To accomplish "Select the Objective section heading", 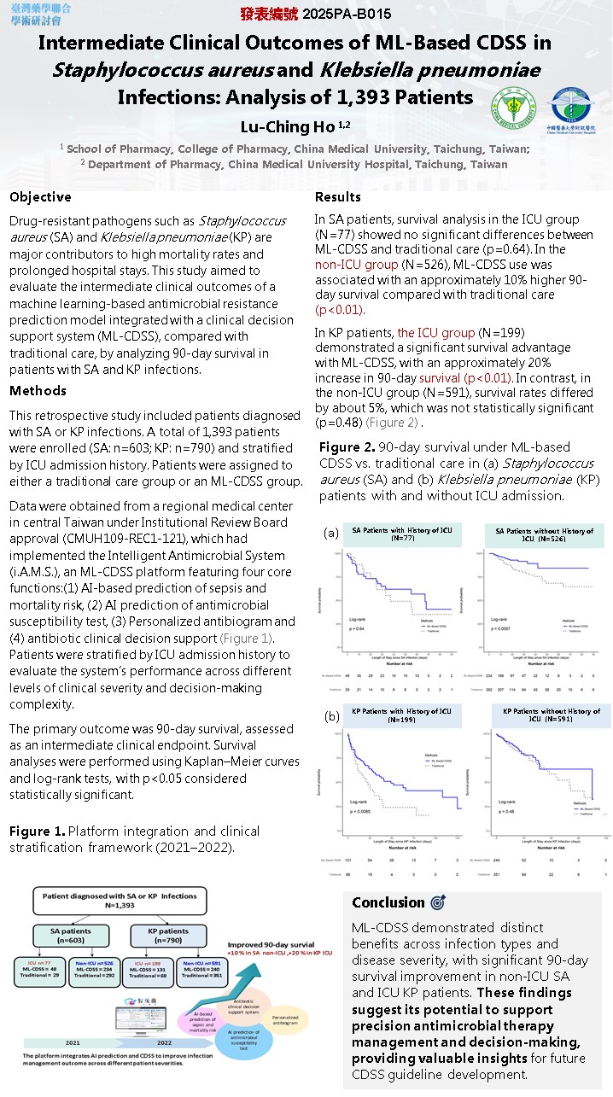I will (40, 197).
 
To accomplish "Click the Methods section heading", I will (38, 391).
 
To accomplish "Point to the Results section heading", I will (338, 197).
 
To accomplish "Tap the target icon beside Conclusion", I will (438, 902).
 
